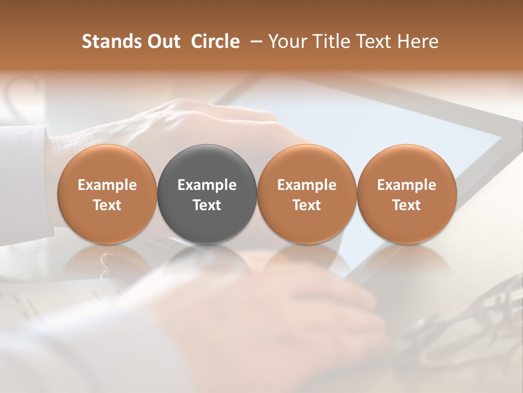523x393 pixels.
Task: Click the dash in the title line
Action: pos(254,42)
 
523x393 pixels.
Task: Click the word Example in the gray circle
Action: pos(207,185)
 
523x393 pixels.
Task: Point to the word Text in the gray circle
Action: pos(207,205)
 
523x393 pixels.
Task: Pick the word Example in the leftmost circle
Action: pos(107,185)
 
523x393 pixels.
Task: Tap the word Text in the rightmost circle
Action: pos(407,205)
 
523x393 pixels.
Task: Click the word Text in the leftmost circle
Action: pos(107,205)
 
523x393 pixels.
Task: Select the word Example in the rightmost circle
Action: pos(407,185)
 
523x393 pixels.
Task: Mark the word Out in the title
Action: pos(164,41)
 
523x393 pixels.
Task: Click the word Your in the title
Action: pos(285,41)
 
